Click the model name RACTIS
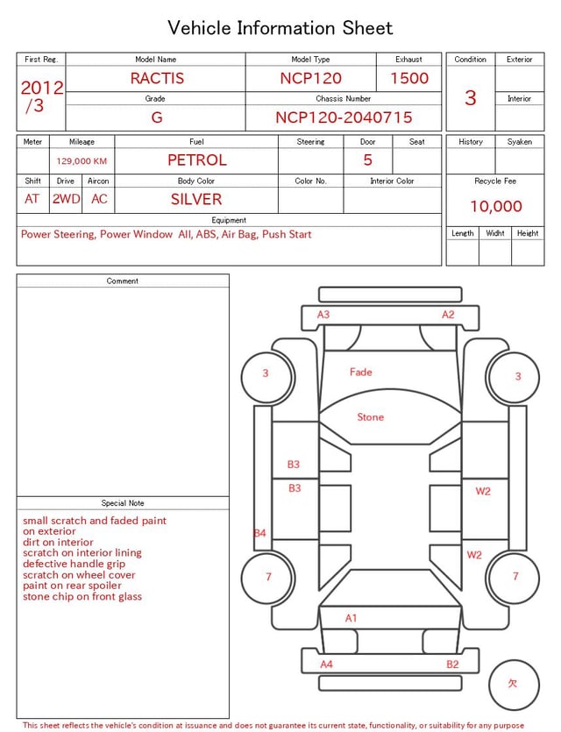157,78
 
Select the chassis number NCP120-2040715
344,117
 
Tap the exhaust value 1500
409,78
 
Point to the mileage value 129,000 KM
82,161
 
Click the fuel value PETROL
196,160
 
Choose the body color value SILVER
195,199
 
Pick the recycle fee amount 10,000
495,206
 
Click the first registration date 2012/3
41,96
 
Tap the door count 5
367,160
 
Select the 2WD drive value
66,199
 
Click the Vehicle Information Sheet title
280,28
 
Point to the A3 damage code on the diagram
323,315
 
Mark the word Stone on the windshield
370,417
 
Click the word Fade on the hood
360,372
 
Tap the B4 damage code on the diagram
259,533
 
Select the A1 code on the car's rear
351,618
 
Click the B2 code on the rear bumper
452,664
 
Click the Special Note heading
123,503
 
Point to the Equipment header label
229,220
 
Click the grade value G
156,117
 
